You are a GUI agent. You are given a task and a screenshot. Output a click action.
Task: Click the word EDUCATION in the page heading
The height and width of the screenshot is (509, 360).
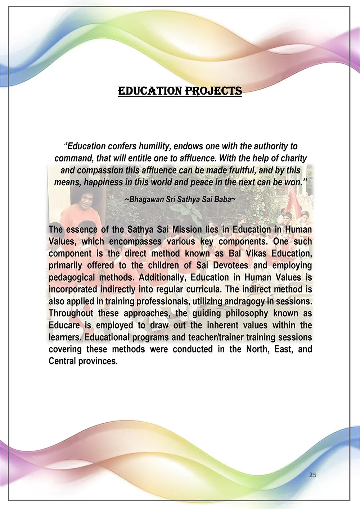150,91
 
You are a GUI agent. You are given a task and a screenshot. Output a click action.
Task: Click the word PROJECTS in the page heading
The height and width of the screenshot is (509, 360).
213,91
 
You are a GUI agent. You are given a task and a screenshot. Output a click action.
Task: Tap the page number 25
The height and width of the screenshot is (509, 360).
313,475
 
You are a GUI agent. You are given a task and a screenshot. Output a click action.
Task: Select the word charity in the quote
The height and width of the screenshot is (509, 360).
294,158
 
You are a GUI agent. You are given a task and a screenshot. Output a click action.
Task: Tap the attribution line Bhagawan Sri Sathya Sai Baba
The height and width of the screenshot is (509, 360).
180,199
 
